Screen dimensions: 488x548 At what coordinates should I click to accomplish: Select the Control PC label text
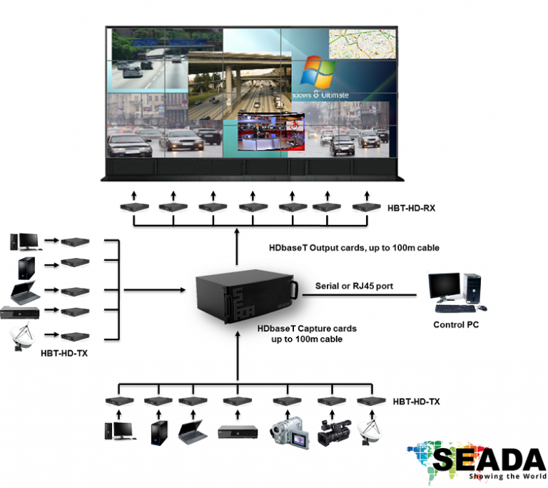coord(456,325)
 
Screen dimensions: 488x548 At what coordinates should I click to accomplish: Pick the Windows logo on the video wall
coord(318,73)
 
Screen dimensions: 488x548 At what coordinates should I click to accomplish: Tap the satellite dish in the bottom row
coord(371,430)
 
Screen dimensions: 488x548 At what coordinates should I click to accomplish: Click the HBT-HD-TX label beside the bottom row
coord(416,402)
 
